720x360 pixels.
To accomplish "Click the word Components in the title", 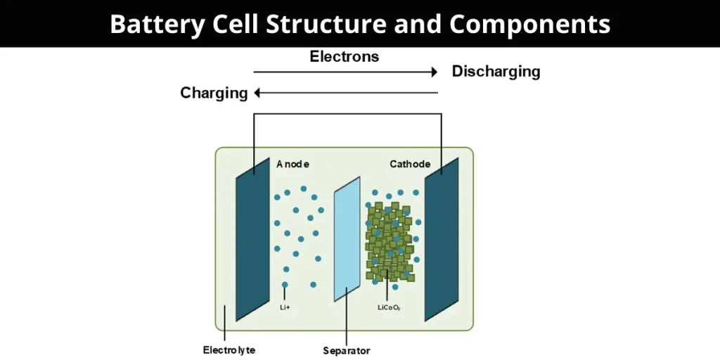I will click(x=530, y=24).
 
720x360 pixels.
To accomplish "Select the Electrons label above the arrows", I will click(x=344, y=56).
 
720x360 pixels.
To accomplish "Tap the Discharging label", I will click(x=496, y=72).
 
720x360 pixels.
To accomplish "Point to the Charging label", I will click(x=214, y=93).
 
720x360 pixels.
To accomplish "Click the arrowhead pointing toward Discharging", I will click(x=435, y=72).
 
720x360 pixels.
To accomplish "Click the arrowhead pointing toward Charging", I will click(x=258, y=93).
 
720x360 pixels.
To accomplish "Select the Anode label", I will click(x=292, y=164).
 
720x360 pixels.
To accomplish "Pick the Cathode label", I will click(x=410, y=164).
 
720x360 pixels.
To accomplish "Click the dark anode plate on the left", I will click(x=252, y=239).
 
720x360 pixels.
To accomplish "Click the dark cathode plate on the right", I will click(x=441, y=239).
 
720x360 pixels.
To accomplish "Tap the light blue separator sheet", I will click(x=347, y=239).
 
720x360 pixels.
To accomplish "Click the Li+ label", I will click(x=284, y=307).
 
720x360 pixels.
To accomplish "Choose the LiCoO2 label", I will click(x=389, y=307).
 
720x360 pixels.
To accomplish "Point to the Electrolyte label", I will click(x=229, y=349).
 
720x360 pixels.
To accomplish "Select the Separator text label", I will click(x=346, y=350).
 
